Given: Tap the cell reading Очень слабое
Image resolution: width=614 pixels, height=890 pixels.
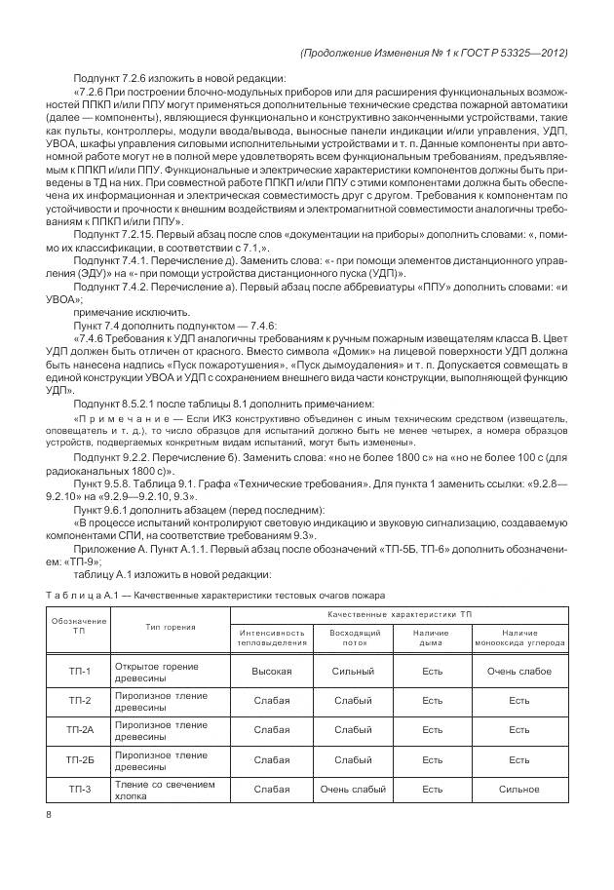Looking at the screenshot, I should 519,671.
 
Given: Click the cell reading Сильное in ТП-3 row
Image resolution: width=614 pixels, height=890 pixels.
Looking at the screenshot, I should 519,789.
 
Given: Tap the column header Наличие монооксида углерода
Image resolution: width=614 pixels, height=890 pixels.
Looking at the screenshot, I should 519,638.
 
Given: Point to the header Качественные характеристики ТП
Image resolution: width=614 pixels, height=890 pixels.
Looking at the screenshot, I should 399,615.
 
